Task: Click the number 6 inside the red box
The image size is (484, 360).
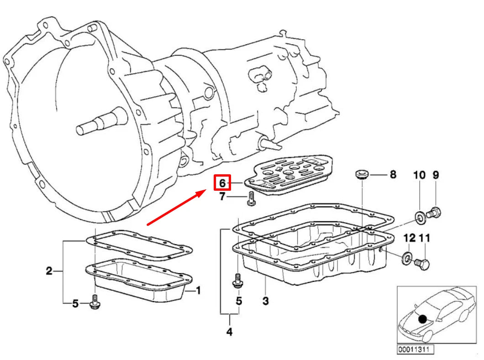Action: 223,183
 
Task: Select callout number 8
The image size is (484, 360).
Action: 393,174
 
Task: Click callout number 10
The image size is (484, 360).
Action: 419,175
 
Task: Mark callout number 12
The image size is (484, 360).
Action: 409,238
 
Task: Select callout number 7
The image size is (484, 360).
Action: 222,197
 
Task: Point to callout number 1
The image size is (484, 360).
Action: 198,290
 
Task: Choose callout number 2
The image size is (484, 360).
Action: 49,271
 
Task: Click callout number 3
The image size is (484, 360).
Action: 265,301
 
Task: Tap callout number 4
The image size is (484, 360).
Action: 229,332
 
